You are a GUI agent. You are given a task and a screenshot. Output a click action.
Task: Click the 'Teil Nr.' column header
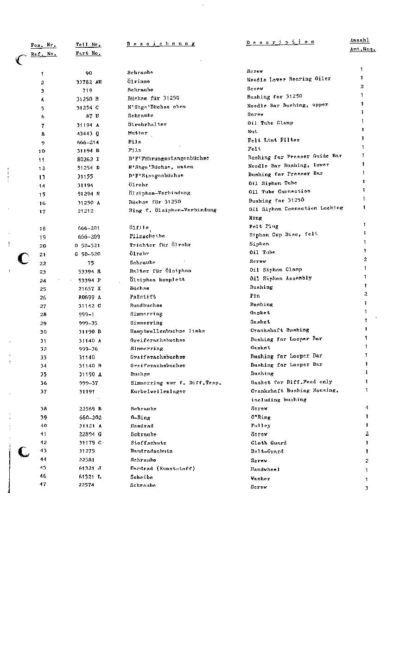click(88, 45)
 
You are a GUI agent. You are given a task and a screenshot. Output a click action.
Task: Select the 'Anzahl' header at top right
click(359, 41)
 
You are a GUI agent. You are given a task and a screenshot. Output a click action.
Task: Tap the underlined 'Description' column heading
click(280, 42)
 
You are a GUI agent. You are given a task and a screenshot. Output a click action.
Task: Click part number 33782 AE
click(89, 82)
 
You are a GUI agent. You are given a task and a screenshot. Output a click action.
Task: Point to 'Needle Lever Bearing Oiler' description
click(289, 79)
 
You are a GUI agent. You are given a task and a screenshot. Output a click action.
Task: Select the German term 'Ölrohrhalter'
click(147, 124)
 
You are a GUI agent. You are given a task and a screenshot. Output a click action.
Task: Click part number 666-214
click(88, 142)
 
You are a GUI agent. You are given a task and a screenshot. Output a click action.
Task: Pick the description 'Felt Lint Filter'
click(273, 140)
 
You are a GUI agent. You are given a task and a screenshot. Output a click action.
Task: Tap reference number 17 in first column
click(43, 212)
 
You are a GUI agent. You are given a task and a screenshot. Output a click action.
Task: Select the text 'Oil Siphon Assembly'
click(281, 278)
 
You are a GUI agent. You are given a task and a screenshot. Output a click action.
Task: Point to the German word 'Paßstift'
click(143, 297)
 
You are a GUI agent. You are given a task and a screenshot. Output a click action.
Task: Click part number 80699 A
click(89, 297)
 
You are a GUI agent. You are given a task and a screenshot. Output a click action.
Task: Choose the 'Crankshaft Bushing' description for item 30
click(280, 330)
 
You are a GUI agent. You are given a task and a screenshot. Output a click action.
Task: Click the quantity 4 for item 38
click(367, 408)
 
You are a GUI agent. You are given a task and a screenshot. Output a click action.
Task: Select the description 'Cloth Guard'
click(269, 443)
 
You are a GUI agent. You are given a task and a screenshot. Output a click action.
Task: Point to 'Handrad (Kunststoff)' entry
click(162, 468)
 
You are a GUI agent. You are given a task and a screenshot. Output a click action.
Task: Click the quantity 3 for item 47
click(367, 488)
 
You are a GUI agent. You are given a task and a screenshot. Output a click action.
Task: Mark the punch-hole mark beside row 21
click(23, 258)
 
